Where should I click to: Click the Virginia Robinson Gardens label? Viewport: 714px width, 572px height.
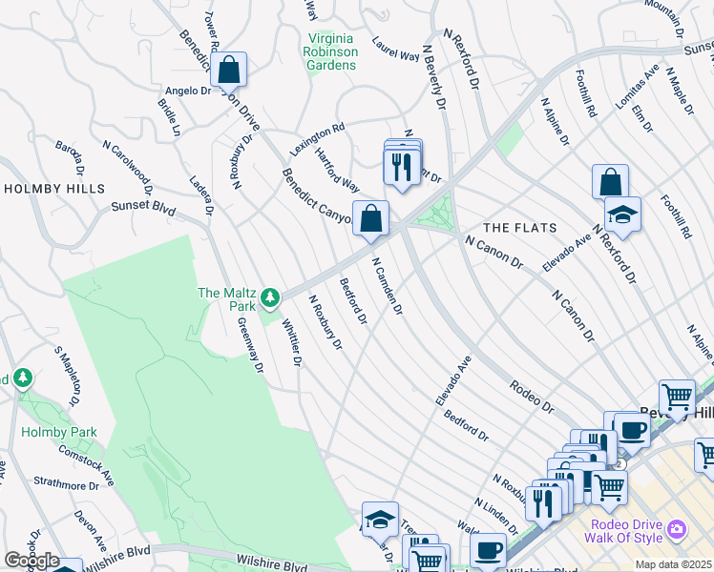tap(330, 51)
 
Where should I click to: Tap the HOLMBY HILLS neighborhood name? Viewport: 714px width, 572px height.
tap(53, 189)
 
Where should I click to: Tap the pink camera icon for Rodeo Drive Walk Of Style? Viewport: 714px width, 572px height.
tap(677, 528)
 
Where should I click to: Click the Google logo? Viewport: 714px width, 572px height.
tap(31, 562)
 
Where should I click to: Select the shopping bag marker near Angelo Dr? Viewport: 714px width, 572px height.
tap(229, 70)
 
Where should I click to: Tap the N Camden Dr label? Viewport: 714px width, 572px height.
tap(387, 286)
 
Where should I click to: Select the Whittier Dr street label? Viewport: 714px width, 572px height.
tap(291, 344)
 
